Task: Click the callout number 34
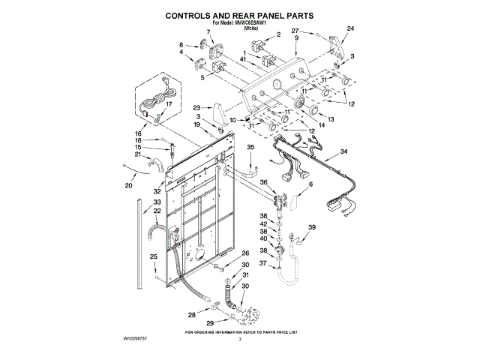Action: click(344, 151)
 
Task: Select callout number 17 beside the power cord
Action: click(169, 104)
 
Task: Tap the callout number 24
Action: click(349, 28)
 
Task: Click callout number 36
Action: click(263, 181)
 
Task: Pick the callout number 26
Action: click(244, 253)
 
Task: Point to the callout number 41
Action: click(244, 58)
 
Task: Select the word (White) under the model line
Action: click(240, 29)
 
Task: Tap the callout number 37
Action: click(263, 263)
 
